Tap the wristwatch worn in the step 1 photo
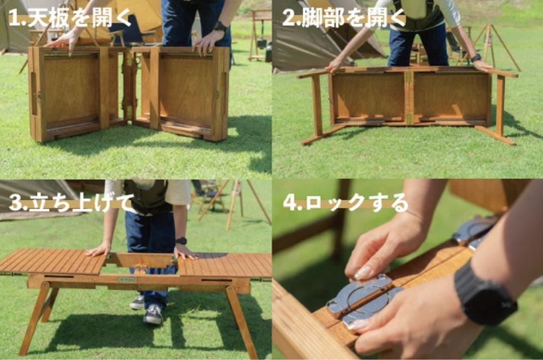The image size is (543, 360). click(x=220, y=27)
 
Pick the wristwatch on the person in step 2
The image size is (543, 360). click(x=476, y=58)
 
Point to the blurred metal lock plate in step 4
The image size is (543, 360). click(x=473, y=230)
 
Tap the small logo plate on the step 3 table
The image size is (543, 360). click(x=127, y=280)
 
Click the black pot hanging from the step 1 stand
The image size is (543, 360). click(x=261, y=44)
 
